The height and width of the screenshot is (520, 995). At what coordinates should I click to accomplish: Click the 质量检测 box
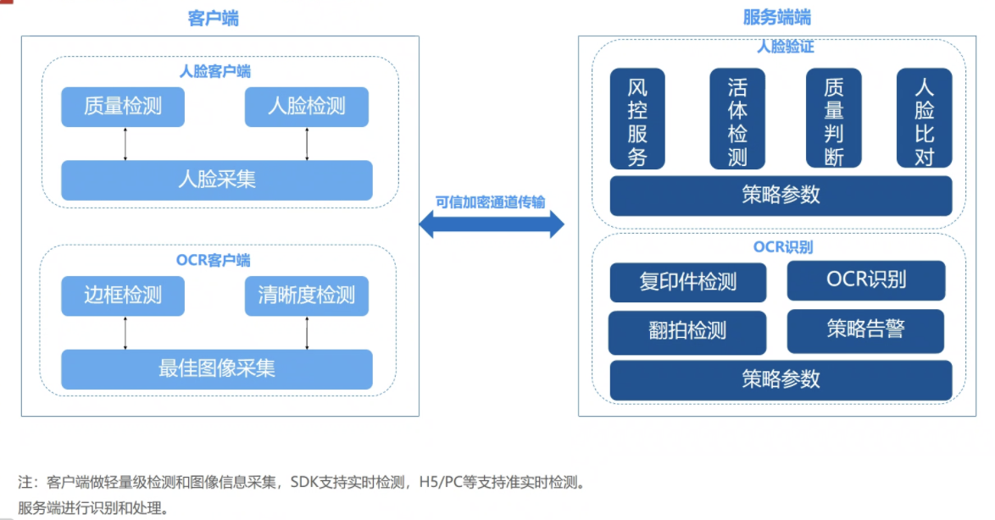click(x=123, y=107)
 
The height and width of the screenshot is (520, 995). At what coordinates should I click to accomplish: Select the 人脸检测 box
click(x=307, y=107)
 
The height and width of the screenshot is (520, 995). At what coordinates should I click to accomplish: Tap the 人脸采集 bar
click(x=217, y=180)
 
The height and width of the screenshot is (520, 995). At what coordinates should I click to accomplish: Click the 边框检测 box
click(x=123, y=296)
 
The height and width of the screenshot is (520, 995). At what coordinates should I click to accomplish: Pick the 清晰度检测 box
click(x=307, y=296)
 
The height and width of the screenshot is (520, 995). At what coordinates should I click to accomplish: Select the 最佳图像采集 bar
click(x=217, y=369)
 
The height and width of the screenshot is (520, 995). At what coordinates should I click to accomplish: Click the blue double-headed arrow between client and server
click(x=492, y=224)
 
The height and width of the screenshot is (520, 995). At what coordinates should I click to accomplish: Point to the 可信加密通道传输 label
click(x=491, y=202)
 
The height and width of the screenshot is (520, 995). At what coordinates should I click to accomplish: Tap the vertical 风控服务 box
click(x=637, y=119)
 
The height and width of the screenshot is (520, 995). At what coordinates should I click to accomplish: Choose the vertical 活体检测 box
click(x=737, y=119)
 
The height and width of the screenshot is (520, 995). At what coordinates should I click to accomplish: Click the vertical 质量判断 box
click(x=834, y=119)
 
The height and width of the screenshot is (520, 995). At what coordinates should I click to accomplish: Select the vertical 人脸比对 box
click(x=925, y=119)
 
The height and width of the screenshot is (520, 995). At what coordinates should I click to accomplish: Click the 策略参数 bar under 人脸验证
click(x=781, y=195)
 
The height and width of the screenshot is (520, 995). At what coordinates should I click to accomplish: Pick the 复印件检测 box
click(x=688, y=282)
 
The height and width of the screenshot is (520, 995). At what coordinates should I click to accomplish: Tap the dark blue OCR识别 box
click(x=865, y=280)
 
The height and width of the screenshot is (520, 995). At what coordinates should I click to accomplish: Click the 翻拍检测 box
click(x=687, y=331)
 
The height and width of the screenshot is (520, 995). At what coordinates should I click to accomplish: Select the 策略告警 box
click(x=865, y=330)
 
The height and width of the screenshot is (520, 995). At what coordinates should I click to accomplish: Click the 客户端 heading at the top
click(x=213, y=18)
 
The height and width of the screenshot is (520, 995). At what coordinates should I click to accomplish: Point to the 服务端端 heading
click(x=777, y=18)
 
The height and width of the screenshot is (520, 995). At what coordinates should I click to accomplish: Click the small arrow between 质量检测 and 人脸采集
click(x=125, y=144)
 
